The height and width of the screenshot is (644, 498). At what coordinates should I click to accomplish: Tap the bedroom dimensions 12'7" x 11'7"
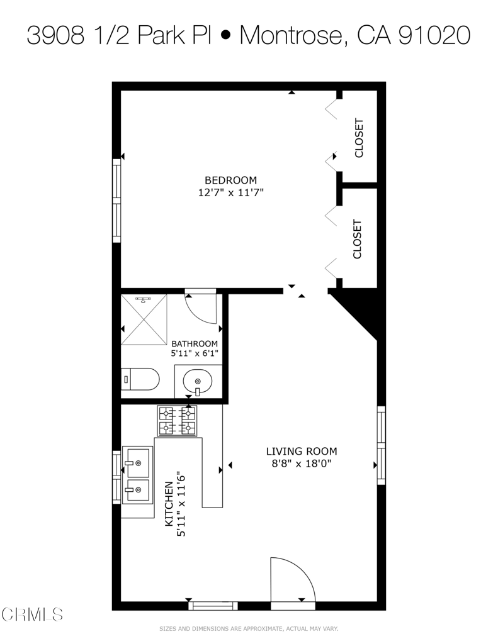click(x=230, y=192)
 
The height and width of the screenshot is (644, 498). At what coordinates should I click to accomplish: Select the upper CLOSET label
click(x=359, y=138)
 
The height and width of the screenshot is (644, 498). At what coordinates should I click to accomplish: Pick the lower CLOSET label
click(x=358, y=239)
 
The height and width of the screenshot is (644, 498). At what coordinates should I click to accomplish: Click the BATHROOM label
click(x=195, y=343)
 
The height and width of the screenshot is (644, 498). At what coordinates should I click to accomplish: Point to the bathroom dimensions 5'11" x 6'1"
click(x=195, y=354)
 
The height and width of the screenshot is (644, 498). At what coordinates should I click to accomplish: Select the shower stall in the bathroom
click(x=144, y=319)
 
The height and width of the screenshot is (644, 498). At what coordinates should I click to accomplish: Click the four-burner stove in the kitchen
click(x=177, y=421)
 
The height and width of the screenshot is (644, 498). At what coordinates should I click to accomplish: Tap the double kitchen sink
click(x=137, y=475)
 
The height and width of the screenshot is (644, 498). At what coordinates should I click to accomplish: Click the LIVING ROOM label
click(x=302, y=451)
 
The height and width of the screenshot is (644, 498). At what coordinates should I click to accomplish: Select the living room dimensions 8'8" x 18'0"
click(x=302, y=464)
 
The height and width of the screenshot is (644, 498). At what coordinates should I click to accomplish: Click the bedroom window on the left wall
click(x=116, y=201)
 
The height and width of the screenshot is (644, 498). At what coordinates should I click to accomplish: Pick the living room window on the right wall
click(x=381, y=445)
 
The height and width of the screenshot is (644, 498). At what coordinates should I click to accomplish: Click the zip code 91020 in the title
click(x=434, y=36)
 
